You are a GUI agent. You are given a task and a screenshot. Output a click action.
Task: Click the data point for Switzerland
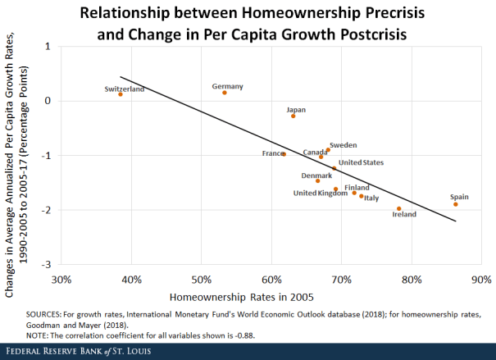coord(121,94)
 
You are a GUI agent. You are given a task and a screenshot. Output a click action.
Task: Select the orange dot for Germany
coord(225,93)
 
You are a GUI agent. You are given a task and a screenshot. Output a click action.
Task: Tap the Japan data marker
coord(293,116)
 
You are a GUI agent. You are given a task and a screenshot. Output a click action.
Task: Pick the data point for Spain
coord(456,204)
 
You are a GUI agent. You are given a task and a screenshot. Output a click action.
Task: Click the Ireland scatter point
coord(399,208)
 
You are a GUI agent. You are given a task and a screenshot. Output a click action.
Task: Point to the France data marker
coord(284,154)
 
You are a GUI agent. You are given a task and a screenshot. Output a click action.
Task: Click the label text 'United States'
coord(361,162)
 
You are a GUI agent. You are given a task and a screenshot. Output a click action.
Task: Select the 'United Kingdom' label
coord(321,194)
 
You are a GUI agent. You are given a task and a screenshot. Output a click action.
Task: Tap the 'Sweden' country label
coord(343,145)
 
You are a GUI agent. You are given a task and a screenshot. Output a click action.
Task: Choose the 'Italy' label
coord(371,198)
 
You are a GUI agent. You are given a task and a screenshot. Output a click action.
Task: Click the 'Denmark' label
coord(316,175)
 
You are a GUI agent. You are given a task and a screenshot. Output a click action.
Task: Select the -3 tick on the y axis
coord(48,264)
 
